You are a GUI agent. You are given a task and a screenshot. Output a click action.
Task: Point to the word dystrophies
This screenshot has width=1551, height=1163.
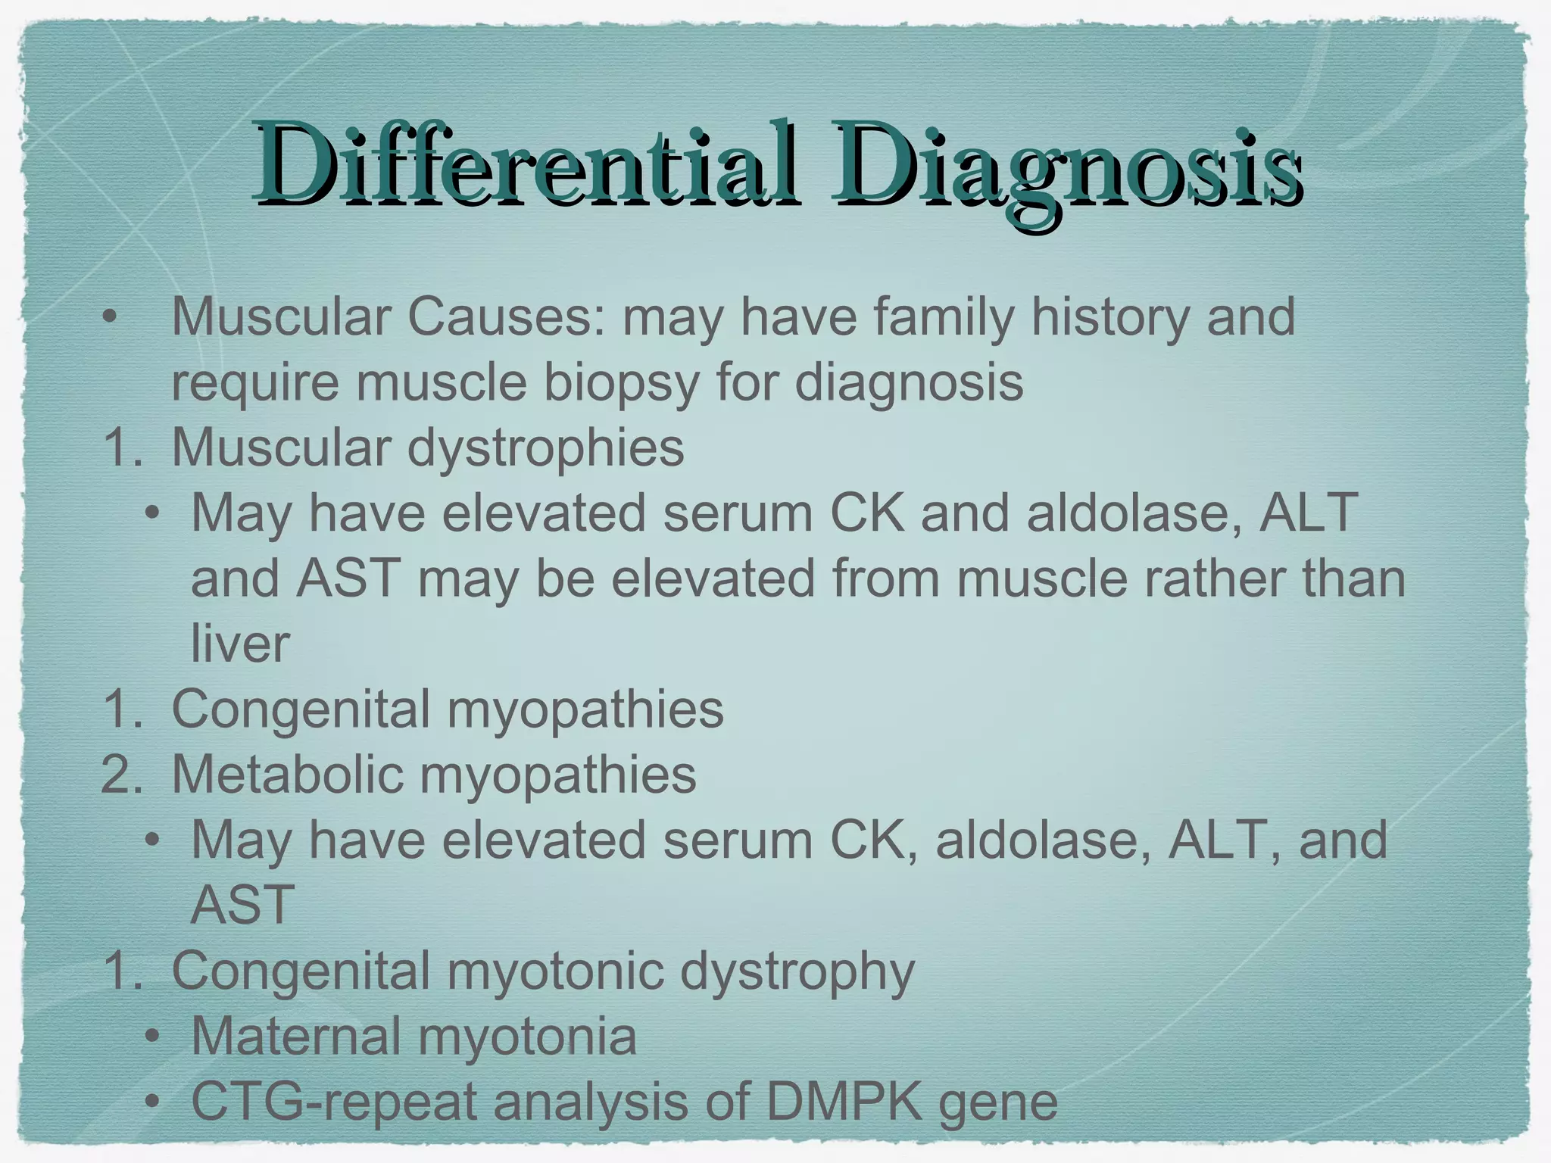(x=545, y=448)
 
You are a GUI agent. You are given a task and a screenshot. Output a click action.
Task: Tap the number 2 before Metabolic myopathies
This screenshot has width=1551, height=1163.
(x=117, y=775)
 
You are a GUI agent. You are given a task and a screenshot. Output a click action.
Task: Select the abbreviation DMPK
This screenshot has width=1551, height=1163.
(x=844, y=1102)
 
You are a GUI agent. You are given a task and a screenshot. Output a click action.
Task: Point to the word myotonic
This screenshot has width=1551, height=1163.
(x=556, y=972)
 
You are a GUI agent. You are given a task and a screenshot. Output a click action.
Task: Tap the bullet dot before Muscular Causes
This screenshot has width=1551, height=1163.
(x=111, y=318)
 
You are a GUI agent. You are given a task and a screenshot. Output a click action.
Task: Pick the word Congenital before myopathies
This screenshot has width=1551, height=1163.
(x=302, y=710)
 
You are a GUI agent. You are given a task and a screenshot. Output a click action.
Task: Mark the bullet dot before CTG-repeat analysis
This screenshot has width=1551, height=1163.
(x=153, y=1102)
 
